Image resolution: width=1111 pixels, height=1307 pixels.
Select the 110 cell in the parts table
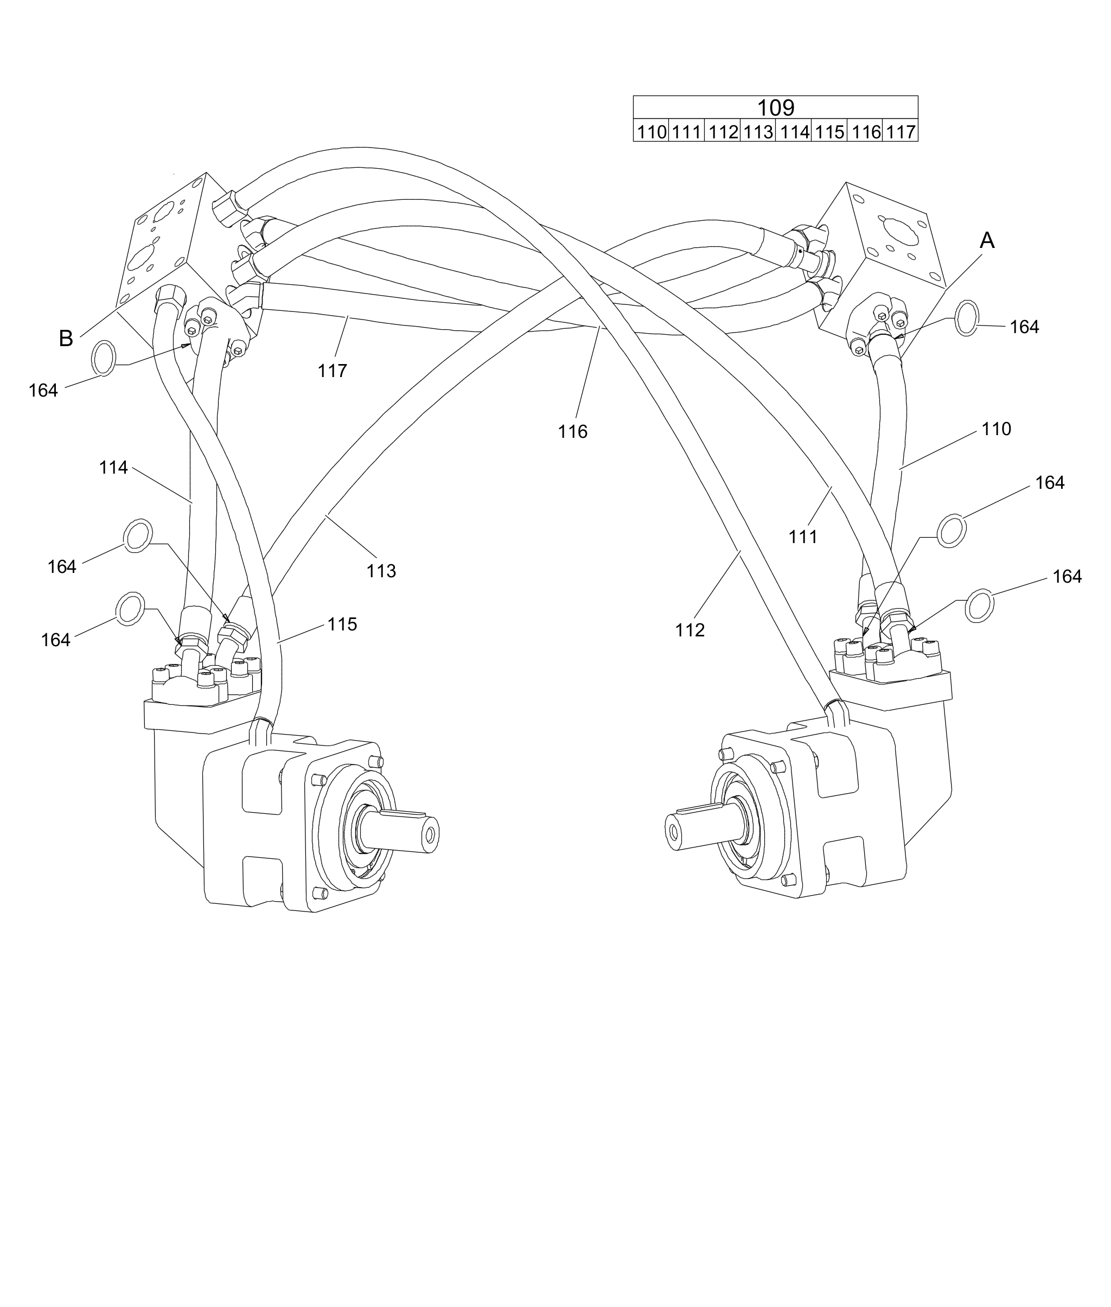pyautogui.click(x=650, y=132)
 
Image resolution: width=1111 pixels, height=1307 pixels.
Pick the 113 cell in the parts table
pyautogui.click(x=757, y=132)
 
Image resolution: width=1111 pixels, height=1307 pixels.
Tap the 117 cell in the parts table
pyautogui.click(x=900, y=132)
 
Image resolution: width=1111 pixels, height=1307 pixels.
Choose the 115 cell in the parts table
pyautogui.click(x=829, y=132)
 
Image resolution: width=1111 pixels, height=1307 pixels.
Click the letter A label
pyautogui.click(x=987, y=240)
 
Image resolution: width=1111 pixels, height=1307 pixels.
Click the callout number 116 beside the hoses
pyautogui.click(x=572, y=432)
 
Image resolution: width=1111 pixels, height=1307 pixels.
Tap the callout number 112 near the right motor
pyautogui.click(x=689, y=630)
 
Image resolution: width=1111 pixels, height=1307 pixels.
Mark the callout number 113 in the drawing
pyautogui.click(x=381, y=571)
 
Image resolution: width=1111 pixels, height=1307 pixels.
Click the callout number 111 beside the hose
pyautogui.click(x=803, y=537)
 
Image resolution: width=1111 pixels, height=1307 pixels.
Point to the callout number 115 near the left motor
pyautogui.click(x=342, y=624)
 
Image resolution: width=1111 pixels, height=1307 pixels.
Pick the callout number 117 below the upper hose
pyautogui.click(x=332, y=371)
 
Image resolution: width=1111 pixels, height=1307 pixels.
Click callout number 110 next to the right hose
pyautogui.click(x=996, y=430)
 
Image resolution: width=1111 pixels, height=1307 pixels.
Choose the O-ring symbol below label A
pyautogui.click(x=967, y=318)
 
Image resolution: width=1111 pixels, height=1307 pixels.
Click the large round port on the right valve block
pyautogui.click(x=901, y=232)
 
